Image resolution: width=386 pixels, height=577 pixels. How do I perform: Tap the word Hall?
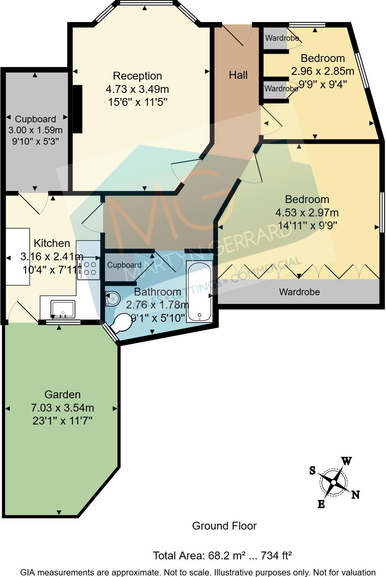(238, 75)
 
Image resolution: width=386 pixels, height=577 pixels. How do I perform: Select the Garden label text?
(62, 395)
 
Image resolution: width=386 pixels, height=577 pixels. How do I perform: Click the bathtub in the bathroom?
(200, 291)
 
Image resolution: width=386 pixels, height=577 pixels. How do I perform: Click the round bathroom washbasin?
(112, 299)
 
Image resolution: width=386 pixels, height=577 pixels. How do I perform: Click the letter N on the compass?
(355, 495)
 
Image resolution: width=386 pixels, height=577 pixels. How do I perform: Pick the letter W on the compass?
(346, 461)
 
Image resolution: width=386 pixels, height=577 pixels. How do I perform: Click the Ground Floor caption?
(224, 526)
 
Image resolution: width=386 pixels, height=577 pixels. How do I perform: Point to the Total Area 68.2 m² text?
(222, 555)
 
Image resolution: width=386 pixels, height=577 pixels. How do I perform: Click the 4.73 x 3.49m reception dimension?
(137, 89)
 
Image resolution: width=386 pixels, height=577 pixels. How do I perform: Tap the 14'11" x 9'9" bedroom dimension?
(307, 226)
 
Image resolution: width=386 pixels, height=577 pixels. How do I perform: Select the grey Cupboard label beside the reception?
(35, 119)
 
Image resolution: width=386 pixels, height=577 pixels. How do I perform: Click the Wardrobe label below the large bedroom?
(299, 292)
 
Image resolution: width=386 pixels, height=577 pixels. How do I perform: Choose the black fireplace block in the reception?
(78, 109)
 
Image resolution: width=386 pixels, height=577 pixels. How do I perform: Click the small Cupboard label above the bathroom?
(124, 265)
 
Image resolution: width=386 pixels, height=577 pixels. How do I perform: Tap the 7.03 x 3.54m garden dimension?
(62, 408)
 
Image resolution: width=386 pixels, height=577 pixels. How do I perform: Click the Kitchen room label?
(52, 243)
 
